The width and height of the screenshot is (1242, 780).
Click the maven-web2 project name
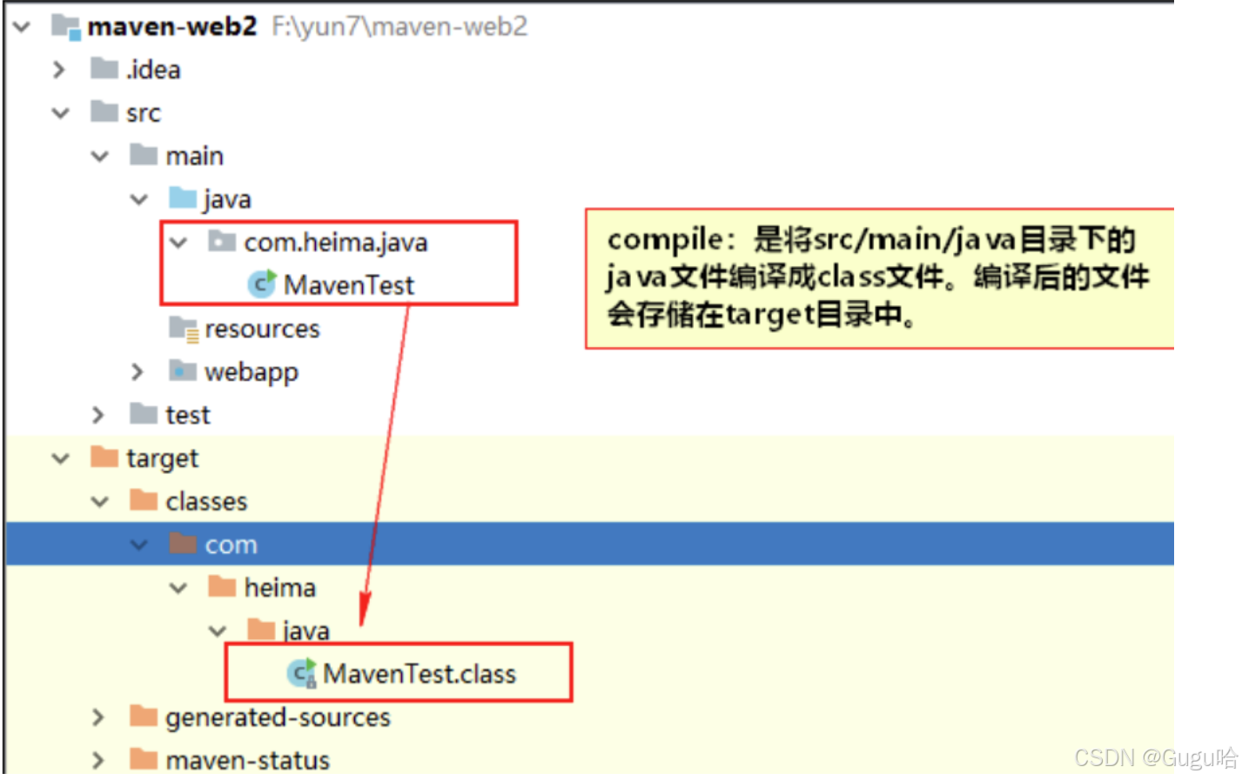pyautogui.click(x=172, y=27)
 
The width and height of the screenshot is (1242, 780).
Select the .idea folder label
pyautogui.click(x=153, y=70)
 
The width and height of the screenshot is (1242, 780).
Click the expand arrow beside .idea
pyautogui.click(x=58, y=70)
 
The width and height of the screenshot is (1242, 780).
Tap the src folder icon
pyautogui.click(x=104, y=112)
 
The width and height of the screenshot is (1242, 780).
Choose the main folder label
pyautogui.click(x=194, y=157)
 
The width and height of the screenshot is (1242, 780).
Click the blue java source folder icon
pyautogui.click(x=183, y=198)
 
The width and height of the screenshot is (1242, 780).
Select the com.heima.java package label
pyautogui.click(x=335, y=243)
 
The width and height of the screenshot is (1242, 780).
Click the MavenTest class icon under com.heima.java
pyautogui.click(x=261, y=284)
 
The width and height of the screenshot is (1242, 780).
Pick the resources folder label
pyautogui.click(x=262, y=329)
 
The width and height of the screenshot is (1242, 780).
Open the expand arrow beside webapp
pyautogui.click(x=137, y=372)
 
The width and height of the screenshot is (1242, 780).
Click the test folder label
pyautogui.click(x=188, y=415)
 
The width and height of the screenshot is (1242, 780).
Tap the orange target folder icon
pyautogui.click(x=104, y=457)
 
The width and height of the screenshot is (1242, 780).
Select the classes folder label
pyautogui.click(x=206, y=502)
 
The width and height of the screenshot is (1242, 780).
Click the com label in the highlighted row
pyautogui.click(x=231, y=545)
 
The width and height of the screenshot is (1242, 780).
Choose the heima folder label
pyautogui.click(x=279, y=588)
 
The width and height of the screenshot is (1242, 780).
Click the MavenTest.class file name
pyautogui.click(x=420, y=674)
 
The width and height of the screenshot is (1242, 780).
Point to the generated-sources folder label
pyautogui.click(x=278, y=717)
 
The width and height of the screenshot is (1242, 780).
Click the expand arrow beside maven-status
pyautogui.click(x=97, y=760)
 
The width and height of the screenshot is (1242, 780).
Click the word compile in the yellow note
pyautogui.click(x=664, y=240)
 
